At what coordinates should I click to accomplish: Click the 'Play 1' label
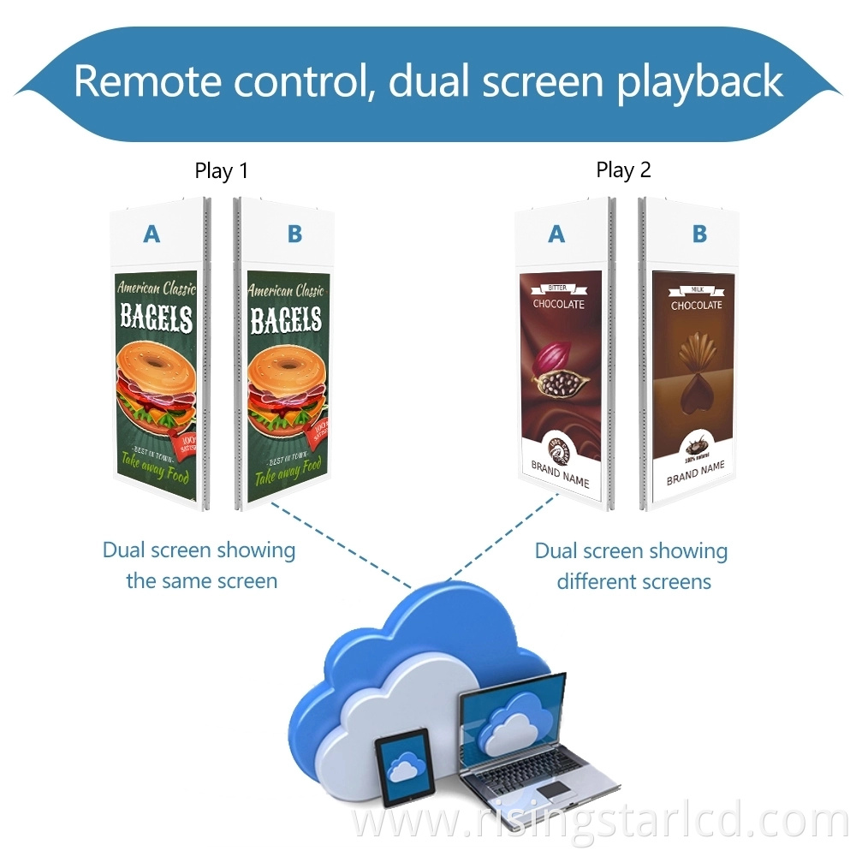[221, 170]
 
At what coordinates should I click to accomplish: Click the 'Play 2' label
[623, 170]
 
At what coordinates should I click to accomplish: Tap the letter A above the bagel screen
[152, 233]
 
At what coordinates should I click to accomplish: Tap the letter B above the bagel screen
[294, 234]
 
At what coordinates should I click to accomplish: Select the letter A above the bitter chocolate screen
[557, 233]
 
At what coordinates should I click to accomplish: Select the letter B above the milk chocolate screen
[698, 233]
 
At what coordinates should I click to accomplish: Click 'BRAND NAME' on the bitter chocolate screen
[561, 476]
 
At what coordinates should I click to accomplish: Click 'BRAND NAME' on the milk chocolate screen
[695, 472]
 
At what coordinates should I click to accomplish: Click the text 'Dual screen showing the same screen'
[200, 566]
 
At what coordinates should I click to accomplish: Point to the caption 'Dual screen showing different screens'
[632, 566]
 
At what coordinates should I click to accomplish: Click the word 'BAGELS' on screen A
[157, 318]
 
